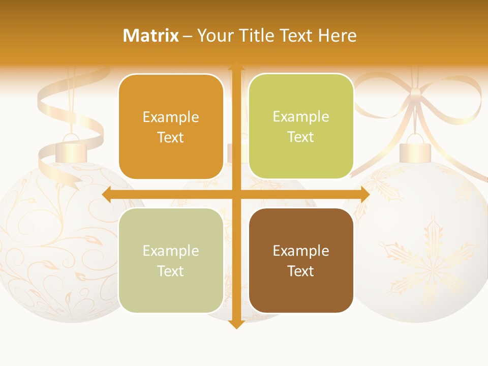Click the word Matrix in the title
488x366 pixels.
[x=150, y=36]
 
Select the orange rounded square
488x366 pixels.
[x=171, y=127]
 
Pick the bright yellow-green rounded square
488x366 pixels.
[x=301, y=127]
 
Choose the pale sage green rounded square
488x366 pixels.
[x=171, y=260]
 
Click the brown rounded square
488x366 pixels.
[x=301, y=260]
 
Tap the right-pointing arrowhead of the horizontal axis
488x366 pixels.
[x=364, y=194]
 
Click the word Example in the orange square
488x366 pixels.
[x=171, y=117]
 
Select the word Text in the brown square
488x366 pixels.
[x=301, y=271]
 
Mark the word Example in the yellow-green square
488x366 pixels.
[x=301, y=117]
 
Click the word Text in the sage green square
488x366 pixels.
[x=171, y=271]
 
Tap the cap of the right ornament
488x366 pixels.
[x=415, y=152]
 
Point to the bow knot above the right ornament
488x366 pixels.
[x=416, y=94]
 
